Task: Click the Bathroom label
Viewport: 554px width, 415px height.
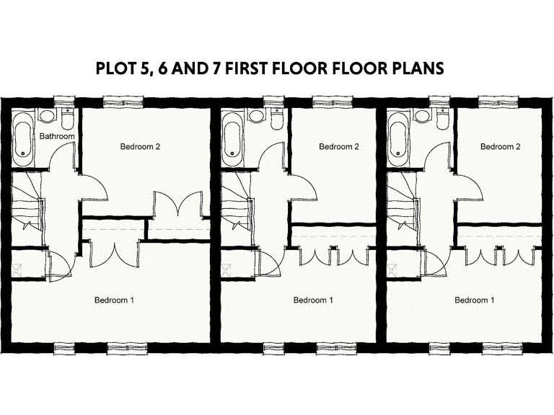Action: pyautogui.click(x=57, y=135)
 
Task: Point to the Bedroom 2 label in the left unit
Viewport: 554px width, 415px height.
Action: pyautogui.click(x=139, y=147)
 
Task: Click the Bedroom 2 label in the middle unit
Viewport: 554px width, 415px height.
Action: pyautogui.click(x=338, y=147)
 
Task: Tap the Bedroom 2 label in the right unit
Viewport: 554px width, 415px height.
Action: pyautogui.click(x=500, y=147)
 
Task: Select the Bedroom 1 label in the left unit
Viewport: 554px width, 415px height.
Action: pyautogui.click(x=114, y=300)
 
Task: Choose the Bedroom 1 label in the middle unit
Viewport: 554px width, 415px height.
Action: pyautogui.click(x=312, y=300)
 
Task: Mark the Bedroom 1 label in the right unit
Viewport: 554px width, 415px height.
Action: pyautogui.click(x=474, y=300)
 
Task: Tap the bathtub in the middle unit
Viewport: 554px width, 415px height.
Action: pyautogui.click(x=232, y=134)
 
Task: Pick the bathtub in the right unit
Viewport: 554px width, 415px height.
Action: pyautogui.click(x=397, y=134)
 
